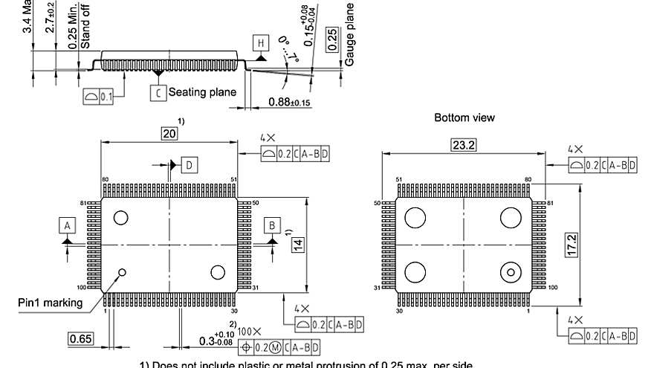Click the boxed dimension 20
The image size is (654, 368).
[x=169, y=133]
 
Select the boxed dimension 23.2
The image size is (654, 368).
[x=463, y=145]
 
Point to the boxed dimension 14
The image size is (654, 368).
[x=298, y=244]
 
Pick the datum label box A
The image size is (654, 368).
[x=68, y=225]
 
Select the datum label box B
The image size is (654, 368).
[x=272, y=225]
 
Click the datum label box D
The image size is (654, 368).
[x=190, y=165]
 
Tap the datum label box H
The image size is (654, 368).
[x=261, y=43]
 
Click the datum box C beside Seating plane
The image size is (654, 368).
[x=158, y=93]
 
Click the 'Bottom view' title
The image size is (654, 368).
[x=464, y=117]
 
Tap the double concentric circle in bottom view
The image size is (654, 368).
[x=511, y=273]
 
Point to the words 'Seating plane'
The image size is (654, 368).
[x=202, y=93]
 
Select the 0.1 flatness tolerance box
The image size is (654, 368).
[x=98, y=97]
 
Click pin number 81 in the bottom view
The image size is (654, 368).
[x=551, y=203]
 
